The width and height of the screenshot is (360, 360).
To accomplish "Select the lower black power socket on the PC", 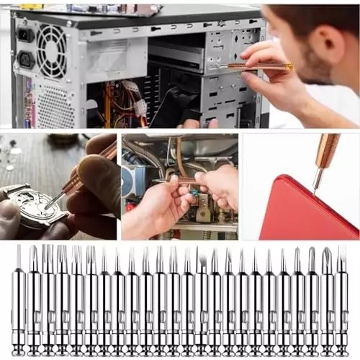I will (x=26, y=59).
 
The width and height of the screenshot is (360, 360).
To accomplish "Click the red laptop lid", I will (x=306, y=212).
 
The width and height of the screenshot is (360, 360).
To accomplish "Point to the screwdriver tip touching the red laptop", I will (x=313, y=190).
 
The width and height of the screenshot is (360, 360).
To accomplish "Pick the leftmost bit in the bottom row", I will (x=19, y=302).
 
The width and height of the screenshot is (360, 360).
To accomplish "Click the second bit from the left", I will (x=34, y=302).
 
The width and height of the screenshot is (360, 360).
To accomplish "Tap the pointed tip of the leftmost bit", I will (x=19, y=249).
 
